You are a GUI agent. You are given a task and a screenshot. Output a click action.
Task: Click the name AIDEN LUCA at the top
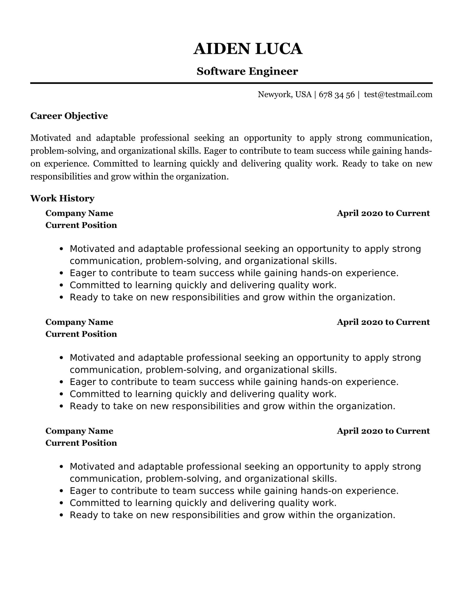248,49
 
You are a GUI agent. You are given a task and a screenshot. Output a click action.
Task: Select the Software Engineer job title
247,71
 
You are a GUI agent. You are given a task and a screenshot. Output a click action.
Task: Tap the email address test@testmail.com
398,94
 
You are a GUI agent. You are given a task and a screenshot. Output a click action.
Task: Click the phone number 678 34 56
337,95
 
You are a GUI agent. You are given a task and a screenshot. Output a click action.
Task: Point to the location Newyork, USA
284,94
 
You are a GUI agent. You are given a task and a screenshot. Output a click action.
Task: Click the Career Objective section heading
69,116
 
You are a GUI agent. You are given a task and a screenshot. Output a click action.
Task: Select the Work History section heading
63,198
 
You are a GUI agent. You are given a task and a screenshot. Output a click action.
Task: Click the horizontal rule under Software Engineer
231,83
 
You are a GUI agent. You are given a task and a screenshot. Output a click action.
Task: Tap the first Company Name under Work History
79,213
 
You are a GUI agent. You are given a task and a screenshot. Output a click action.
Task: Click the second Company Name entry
79,322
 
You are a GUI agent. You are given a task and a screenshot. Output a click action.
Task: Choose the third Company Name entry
79,431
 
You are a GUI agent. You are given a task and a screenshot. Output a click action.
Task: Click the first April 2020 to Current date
383,213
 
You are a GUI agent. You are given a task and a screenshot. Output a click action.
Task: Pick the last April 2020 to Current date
383,431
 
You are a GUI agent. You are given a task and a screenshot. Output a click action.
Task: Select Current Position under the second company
81,334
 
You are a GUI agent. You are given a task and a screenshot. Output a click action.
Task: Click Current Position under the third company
81,443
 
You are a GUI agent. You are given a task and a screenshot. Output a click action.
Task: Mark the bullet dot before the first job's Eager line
61,273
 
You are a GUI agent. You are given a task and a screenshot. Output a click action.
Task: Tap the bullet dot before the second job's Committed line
61,394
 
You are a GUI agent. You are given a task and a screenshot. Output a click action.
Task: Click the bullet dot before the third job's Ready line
61,515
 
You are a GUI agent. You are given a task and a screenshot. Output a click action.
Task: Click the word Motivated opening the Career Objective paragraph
51,138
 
